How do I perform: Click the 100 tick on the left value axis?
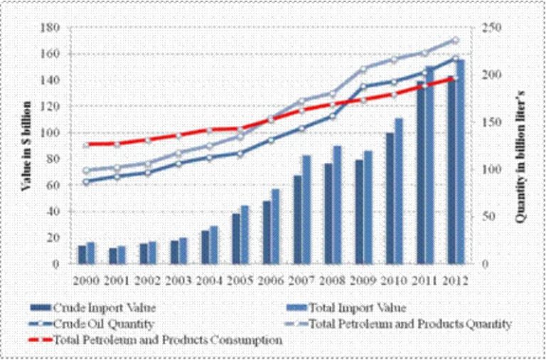point(49,132)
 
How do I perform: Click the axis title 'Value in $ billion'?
point(26,145)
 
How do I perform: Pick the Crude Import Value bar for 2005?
point(235,238)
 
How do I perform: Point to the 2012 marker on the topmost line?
point(456,41)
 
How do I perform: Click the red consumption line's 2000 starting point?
point(86,145)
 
